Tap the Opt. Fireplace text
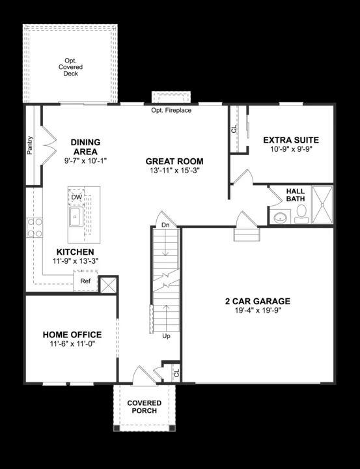tap(171, 111)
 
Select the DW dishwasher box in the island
tap(77, 197)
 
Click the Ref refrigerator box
tap(85, 281)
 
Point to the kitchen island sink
tap(75, 217)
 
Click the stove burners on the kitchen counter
tap(34, 227)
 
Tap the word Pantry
tap(30, 145)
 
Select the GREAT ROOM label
tap(174, 162)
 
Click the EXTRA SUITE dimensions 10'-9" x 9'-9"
tap(290, 150)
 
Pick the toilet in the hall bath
tap(301, 213)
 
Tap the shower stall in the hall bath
tap(322, 205)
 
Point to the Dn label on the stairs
tap(165, 225)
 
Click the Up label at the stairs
tap(166, 336)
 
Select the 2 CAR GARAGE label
tap(258, 301)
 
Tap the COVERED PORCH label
tap(145, 406)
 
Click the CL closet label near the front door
tap(175, 373)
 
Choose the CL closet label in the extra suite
tap(234, 129)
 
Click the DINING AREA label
tap(85, 147)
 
